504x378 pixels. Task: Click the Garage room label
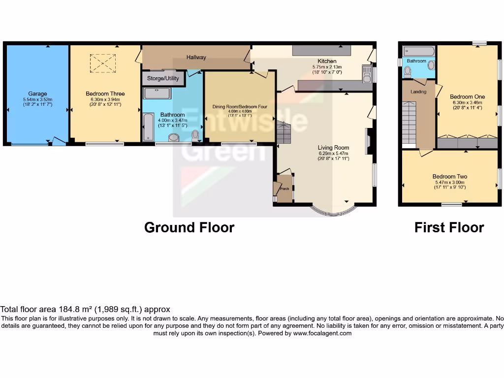coord(37,94)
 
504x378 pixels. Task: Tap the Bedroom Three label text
coord(105,94)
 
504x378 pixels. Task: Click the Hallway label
coord(196,57)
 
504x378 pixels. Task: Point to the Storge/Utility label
coord(163,78)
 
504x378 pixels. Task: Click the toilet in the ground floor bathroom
coord(196,134)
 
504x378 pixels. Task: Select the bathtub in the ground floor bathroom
coord(148,127)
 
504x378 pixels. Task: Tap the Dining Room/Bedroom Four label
coord(240,106)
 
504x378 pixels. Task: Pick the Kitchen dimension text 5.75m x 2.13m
coord(327,67)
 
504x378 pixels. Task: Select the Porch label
coord(284,189)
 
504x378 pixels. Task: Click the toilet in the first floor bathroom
coord(407,72)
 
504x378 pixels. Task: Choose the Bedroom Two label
coord(450,177)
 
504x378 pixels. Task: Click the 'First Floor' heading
coord(449,227)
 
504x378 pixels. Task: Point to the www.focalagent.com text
coord(322,333)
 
